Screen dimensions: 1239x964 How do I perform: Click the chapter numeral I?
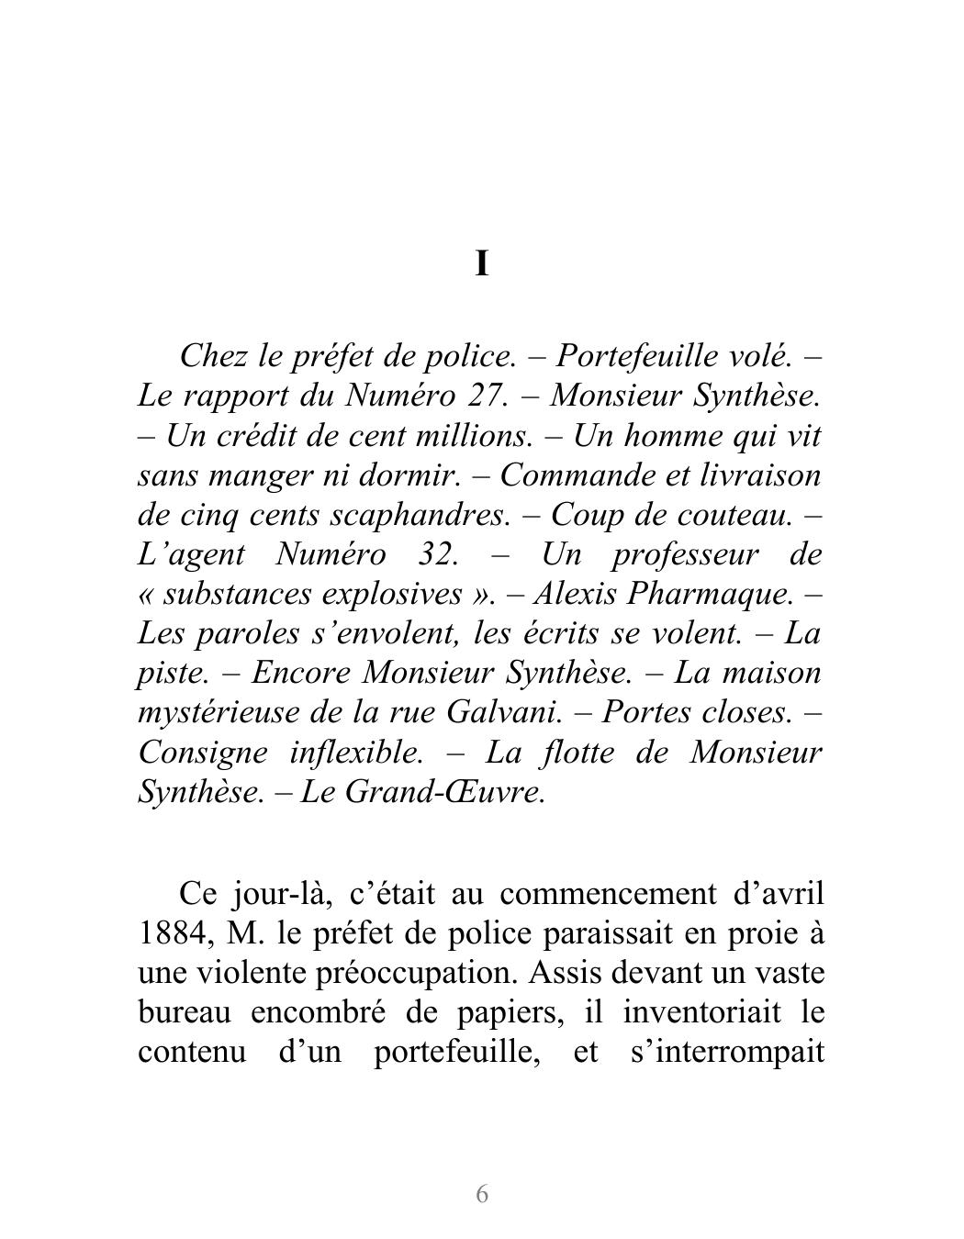click(x=482, y=264)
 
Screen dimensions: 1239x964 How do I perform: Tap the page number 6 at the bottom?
click(x=482, y=1194)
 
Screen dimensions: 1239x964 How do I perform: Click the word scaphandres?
click(x=418, y=515)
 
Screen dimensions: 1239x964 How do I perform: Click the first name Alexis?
click(x=575, y=594)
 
